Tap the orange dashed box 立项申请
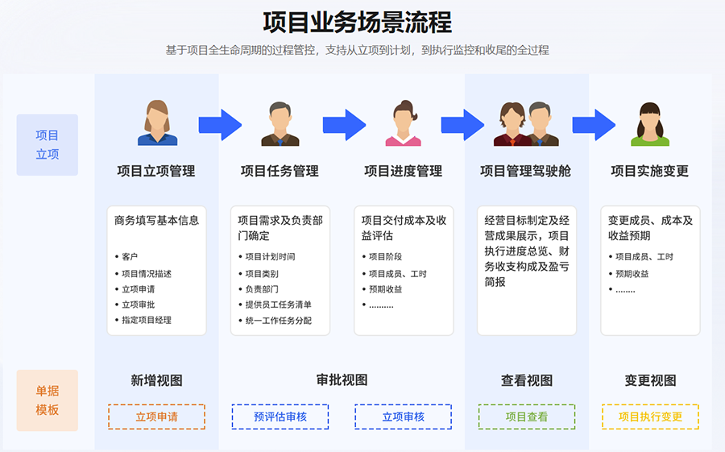click(x=156, y=417)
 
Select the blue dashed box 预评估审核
click(x=280, y=417)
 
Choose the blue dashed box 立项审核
click(x=403, y=417)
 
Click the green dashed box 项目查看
click(x=527, y=417)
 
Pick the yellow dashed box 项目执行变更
click(x=650, y=417)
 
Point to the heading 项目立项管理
click(x=156, y=171)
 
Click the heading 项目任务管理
click(x=280, y=171)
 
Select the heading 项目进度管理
click(x=403, y=171)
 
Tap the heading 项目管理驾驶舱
click(x=526, y=171)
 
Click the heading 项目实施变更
click(x=649, y=171)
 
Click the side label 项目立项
click(x=48, y=145)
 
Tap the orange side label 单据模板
click(x=48, y=400)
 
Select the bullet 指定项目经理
click(x=147, y=320)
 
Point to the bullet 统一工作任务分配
click(x=278, y=321)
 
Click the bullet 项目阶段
click(x=385, y=257)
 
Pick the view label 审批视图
click(x=342, y=380)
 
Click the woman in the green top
click(x=650, y=125)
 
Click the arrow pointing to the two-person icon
click(x=462, y=124)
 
